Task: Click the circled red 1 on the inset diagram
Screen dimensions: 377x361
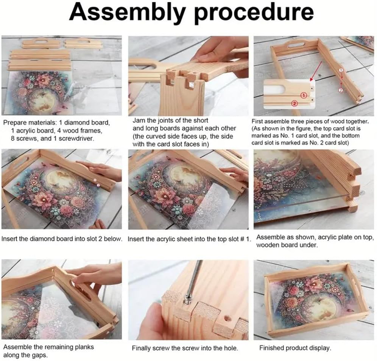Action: coord(304,95)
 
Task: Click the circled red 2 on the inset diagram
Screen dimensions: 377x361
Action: coord(294,103)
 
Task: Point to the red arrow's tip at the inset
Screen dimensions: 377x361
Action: coord(311,81)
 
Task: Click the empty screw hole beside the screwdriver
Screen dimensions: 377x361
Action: coord(227,319)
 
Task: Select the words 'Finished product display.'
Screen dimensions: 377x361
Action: coord(295,348)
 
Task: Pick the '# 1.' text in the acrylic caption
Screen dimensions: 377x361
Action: coord(245,239)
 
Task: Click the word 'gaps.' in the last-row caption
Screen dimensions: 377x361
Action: coord(39,355)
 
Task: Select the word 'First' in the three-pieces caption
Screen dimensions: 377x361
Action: coord(257,121)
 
